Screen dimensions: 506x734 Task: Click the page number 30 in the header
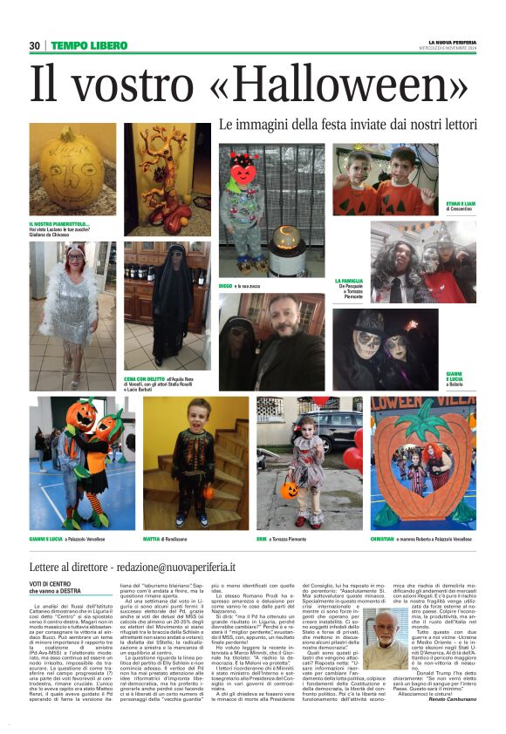(x=34, y=45)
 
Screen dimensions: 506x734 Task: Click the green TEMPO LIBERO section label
(x=89, y=45)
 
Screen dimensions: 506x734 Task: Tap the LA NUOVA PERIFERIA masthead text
(x=451, y=41)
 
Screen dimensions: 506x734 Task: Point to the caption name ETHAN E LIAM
(x=460, y=203)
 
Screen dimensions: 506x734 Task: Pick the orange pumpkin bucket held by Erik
(x=289, y=489)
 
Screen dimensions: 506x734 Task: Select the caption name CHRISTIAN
(x=382, y=540)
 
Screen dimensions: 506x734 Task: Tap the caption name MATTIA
(x=151, y=540)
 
